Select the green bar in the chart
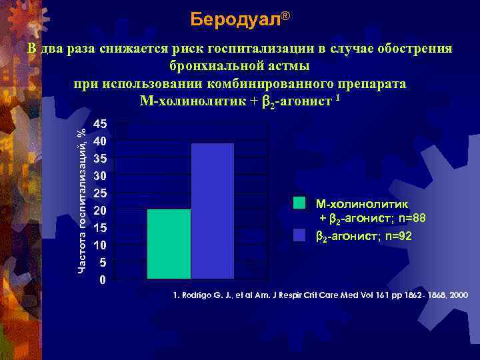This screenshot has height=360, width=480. [x=169, y=243]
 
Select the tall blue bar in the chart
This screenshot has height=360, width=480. [x=213, y=211]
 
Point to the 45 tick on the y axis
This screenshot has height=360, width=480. [x=99, y=124]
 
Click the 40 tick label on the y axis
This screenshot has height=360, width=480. [x=99, y=141]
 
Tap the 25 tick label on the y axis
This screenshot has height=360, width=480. [x=99, y=193]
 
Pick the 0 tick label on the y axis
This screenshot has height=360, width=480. [x=101, y=280]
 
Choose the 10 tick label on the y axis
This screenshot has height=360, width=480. [x=99, y=245]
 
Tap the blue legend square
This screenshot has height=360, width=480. [x=299, y=235]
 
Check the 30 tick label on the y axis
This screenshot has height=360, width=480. [x=99, y=176]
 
